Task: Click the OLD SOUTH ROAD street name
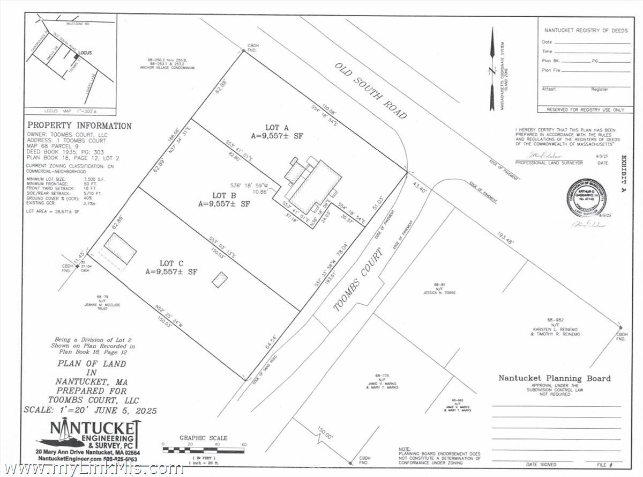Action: [371, 91]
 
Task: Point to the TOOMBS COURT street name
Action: [358, 280]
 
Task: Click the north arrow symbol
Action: [492, 69]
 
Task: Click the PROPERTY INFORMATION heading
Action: [79, 126]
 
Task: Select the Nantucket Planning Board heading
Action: [554, 378]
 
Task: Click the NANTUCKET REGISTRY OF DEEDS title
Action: [586, 31]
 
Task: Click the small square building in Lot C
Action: [220, 280]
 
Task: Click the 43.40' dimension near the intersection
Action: [421, 190]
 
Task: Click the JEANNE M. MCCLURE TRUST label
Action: [102, 304]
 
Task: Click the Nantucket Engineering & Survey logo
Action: [91, 435]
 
